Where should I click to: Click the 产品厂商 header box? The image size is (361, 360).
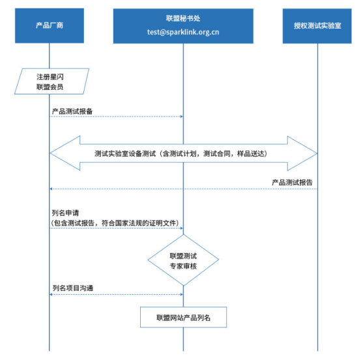pyautogui.click(x=50, y=25)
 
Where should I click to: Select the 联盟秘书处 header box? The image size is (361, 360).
pyautogui.click(x=182, y=25)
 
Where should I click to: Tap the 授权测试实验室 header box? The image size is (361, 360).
pyautogui.click(x=317, y=25)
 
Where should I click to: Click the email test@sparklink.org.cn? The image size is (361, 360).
pyautogui.click(x=182, y=31)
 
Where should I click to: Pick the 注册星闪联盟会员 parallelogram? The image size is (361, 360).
pyautogui.click(x=50, y=81)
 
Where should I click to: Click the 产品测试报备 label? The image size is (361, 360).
pyautogui.click(x=72, y=111)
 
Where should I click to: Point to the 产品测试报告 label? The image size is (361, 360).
pyautogui.click(x=291, y=182)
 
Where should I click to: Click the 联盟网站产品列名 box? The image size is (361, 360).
pyautogui.click(x=182, y=318)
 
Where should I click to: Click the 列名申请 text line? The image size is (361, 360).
pyautogui.click(x=65, y=213)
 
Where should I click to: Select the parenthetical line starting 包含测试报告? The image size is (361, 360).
pyautogui.click(x=115, y=222)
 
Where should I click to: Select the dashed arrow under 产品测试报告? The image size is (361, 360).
pyautogui.click(x=182, y=189)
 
